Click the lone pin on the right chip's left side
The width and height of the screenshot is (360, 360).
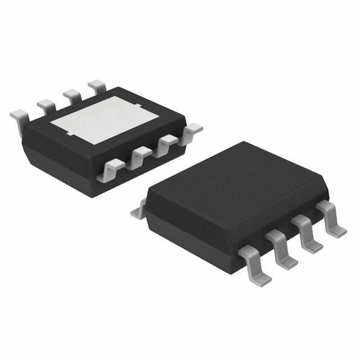click(x=137, y=211)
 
